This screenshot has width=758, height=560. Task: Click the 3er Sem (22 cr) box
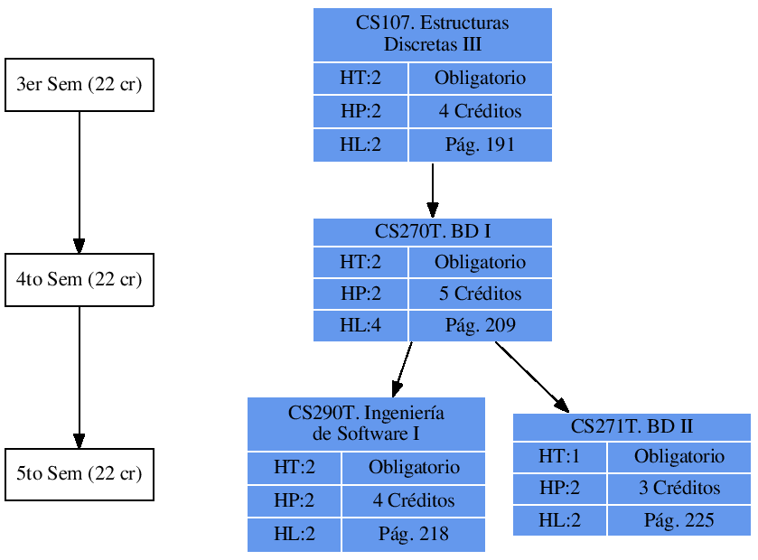click(x=80, y=85)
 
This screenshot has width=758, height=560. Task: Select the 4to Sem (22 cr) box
click(x=80, y=280)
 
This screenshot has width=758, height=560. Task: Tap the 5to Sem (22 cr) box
click(x=80, y=474)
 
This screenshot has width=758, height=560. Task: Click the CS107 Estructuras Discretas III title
click(x=432, y=34)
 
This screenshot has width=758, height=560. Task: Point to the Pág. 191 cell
click(x=480, y=145)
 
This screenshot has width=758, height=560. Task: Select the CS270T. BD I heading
click(x=432, y=231)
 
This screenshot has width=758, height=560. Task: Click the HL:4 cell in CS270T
click(x=360, y=325)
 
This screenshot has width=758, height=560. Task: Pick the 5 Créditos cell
click(x=480, y=294)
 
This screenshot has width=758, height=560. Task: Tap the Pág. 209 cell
click(x=480, y=325)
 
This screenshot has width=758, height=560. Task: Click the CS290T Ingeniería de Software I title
click(x=366, y=424)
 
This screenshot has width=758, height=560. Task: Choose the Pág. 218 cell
click(x=414, y=535)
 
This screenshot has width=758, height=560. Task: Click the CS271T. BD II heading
click(x=632, y=426)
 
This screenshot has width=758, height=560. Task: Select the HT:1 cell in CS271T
click(x=559, y=456)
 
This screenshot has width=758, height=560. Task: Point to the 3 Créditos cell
click(x=679, y=488)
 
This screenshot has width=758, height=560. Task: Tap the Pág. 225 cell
click(x=679, y=520)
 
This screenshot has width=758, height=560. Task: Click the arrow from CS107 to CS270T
click(x=433, y=190)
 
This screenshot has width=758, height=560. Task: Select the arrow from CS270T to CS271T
click(x=533, y=378)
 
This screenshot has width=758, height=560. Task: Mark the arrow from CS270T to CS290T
click(x=403, y=369)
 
